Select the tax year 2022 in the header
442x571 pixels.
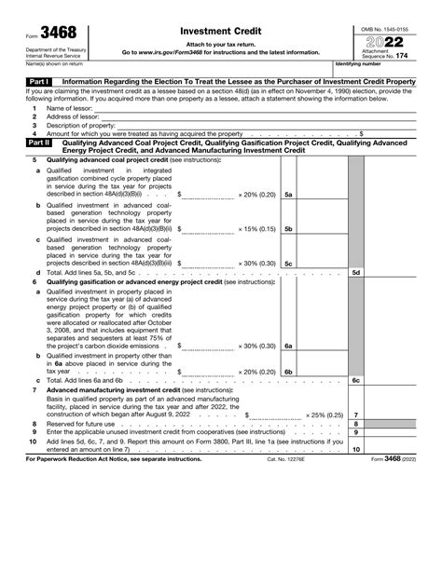coord(386,43)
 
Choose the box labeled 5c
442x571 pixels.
coord(289,264)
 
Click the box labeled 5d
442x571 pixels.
coord(355,272)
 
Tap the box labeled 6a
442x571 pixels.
coord(289,346)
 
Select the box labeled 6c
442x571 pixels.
coord(355,381)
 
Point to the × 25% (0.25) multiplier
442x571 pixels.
coord(325,415)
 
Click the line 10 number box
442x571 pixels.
coord(355,448)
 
